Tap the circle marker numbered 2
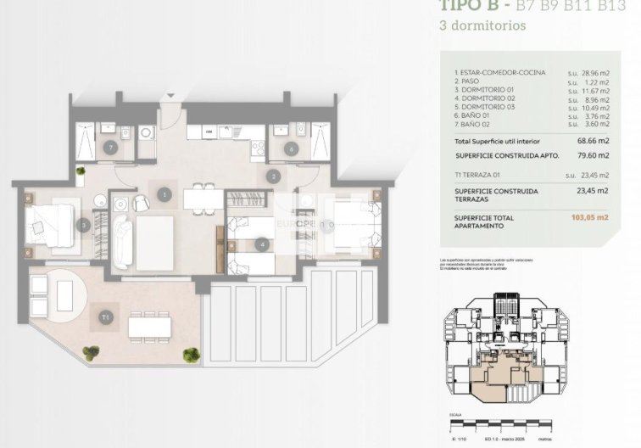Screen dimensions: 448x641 [x=273, y=177]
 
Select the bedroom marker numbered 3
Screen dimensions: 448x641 [x=83, y=225]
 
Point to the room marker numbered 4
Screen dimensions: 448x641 [x=264, y=244]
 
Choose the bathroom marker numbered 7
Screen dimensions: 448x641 [x=112, y=147]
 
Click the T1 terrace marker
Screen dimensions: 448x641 [x=105, y=317]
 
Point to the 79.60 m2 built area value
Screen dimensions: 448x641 [x=592, y=155]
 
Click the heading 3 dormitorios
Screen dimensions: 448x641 [x=482, y=25]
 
